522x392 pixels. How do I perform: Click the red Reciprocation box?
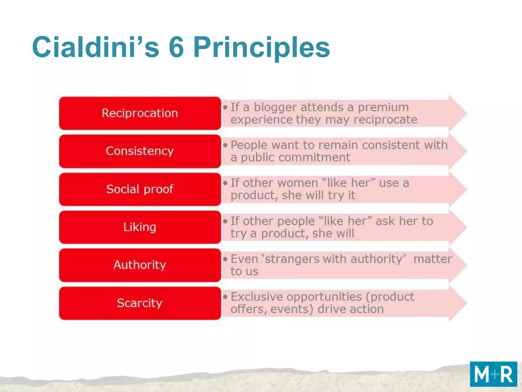click(140, 113)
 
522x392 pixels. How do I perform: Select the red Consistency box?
click(140, 151)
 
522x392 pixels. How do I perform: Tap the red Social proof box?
click(140, 189)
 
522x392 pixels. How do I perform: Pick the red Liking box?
click(140, 227)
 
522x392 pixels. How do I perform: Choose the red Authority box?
click(140, 265)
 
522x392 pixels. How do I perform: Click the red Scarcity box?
click(140, 303)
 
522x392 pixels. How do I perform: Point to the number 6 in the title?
click(176, 47)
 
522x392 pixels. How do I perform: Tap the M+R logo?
click(493, 374)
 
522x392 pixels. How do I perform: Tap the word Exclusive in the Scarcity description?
click(257, 297)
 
